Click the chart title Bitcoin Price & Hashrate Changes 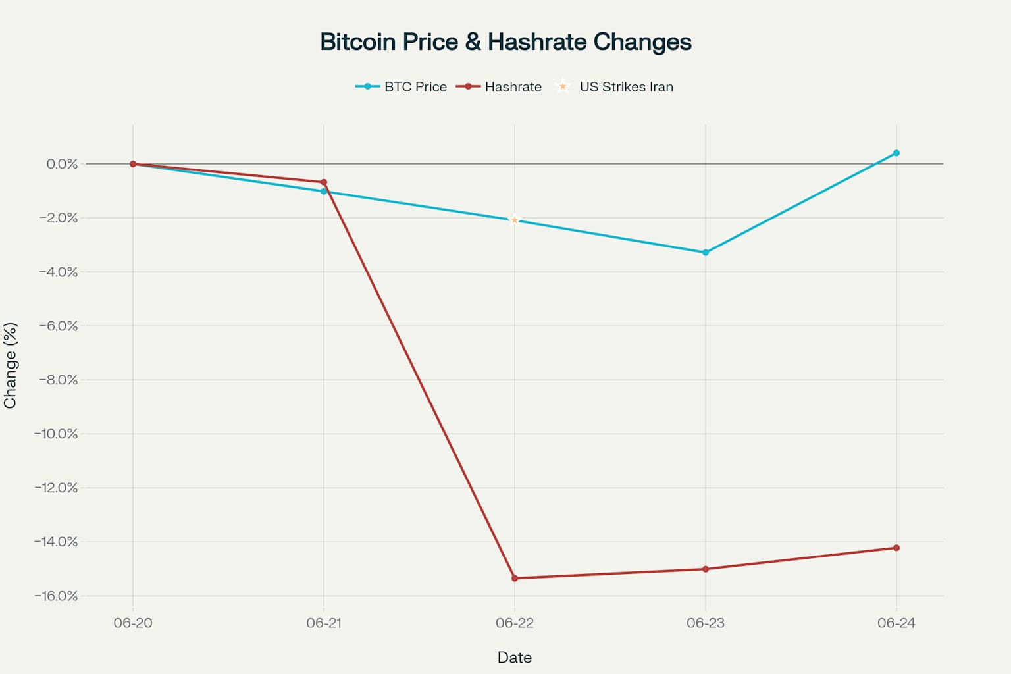(505, 42)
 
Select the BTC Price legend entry (401, 87)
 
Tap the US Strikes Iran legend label (625, 87)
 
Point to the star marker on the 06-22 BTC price (515, 220)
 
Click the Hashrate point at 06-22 (515, 579)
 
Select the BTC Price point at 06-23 (706, 253)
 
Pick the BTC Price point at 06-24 (896, 153)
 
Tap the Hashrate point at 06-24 (896, 548)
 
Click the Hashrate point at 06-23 (706, 569)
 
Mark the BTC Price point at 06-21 (324, 192)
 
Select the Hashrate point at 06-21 (324, 182)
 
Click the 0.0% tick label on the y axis (62, 164)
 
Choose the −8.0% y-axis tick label (58, 380)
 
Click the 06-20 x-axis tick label (133, 623)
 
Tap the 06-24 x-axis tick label (896, 623)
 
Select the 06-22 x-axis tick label (515, 623)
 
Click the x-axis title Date (515, 658)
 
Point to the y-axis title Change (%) (11, 365)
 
